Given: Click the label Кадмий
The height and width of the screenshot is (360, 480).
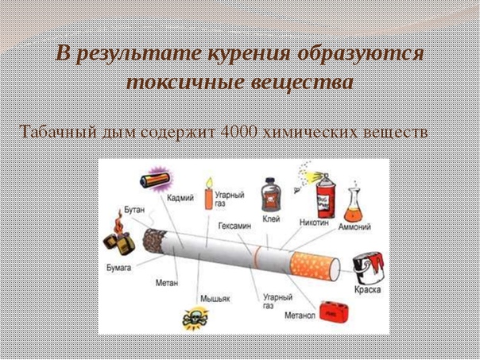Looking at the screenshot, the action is (x=180, y=198).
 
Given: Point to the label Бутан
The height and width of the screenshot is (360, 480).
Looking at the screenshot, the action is (x=134, y=210).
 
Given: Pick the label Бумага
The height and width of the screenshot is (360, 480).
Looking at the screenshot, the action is (x=119, y=268).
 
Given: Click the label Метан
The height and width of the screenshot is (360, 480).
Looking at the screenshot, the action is (x=167, y=283).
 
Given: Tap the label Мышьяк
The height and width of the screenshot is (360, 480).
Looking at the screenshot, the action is (x=215, y=299).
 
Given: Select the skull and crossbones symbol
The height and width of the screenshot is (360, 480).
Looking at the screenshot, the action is (x=195, y=319).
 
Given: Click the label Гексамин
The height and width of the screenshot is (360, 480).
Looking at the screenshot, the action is (x=234, y=226).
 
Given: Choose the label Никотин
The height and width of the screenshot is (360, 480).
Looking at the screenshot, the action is (x=314, y=223).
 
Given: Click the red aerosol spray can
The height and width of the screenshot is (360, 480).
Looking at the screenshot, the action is (x=325, y=196).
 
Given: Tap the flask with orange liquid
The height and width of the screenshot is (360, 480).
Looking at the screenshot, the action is (x=353, y=204).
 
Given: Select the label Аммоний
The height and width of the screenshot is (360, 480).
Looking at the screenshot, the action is (x=354, y=226).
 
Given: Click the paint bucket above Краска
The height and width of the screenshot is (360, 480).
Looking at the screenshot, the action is (x=368, y=268).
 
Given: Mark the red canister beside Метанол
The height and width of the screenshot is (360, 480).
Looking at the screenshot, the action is (x=333, y=312).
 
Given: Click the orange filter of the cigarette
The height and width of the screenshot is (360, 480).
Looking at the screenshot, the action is (x=313, y=265).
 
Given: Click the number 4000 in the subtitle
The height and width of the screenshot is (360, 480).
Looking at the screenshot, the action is (x=238, y=132).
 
